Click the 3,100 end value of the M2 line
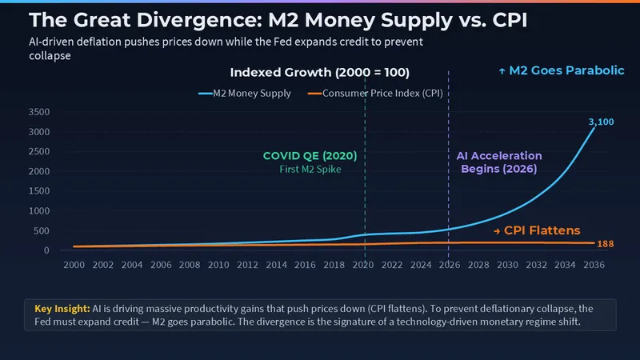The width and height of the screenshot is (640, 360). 600,122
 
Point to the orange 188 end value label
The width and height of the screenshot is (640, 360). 606,243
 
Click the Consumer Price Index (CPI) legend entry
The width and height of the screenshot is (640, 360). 377,93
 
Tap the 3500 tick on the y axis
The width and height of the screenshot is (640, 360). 38,112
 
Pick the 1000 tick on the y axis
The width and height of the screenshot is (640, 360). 38,211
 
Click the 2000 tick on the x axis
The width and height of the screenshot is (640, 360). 74,265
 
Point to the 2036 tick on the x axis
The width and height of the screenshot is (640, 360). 594,265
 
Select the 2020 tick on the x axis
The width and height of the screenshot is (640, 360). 362,265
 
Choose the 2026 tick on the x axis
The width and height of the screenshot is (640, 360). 449,265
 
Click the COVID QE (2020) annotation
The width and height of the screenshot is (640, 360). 310,156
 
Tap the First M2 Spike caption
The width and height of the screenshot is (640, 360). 310,170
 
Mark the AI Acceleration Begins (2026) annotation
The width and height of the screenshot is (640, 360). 498,162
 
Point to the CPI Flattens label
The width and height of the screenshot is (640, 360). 537,230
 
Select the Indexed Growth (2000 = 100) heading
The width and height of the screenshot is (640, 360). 320,73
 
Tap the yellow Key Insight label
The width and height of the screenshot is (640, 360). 62,308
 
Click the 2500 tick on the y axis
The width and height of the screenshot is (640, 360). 38,152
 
